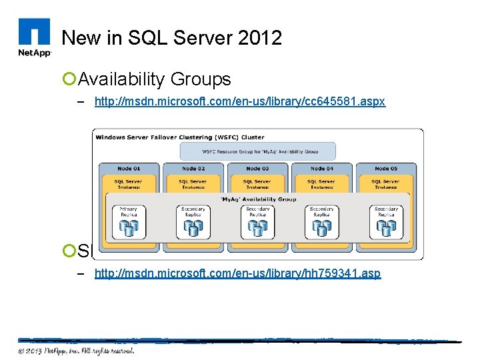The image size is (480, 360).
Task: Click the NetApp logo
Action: point(34,39)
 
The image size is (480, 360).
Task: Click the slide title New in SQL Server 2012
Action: point(171,37)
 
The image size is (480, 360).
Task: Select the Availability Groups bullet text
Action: point(155,79)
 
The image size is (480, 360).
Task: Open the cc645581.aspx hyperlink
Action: point(240,102)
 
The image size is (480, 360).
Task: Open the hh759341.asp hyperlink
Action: point(238,273)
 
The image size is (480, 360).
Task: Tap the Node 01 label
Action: point(128,169)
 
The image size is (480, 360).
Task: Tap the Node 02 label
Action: point(193,169)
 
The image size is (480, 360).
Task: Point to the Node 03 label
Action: point(257,169)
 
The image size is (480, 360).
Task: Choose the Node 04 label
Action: point(321,169)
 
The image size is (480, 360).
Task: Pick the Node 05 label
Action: point(386,169)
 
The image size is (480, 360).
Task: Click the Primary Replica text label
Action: point(129,211)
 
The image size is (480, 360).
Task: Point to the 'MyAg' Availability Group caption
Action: point(257,199)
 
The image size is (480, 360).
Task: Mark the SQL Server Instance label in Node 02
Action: point(193,183)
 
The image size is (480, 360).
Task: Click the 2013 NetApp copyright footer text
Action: point(76,351)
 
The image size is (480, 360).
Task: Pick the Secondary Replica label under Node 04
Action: point(321,211)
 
